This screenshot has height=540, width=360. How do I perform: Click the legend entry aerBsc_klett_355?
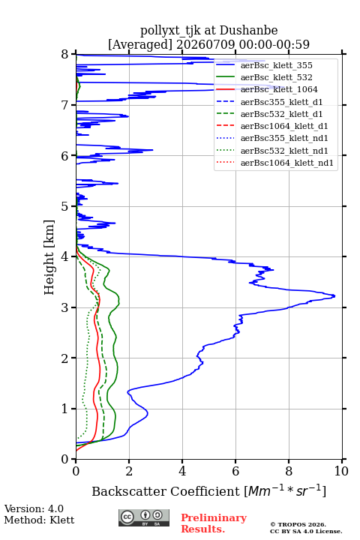pos(276,65)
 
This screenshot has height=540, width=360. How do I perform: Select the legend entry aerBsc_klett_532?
pos(276,77)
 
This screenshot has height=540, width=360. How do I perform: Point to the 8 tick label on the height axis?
pos(65,55)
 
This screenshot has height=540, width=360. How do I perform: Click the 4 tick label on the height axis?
pos(65,257)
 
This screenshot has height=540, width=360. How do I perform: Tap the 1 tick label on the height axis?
pos(65,409)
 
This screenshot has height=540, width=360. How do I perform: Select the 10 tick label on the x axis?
pos(341,471)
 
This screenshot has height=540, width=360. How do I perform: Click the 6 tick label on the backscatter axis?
pos(235,471)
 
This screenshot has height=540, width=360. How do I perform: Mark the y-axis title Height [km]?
pos(49,257)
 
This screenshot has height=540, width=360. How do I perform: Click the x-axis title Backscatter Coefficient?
pos(165,491)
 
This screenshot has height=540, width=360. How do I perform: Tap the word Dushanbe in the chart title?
pos(248,31)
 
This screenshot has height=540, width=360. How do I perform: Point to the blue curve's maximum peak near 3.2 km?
pos(334,295)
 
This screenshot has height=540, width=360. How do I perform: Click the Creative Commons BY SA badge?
pos(144,517)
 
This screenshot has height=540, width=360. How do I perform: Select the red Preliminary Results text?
pos(214,523)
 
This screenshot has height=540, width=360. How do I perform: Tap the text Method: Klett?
pos(39,520)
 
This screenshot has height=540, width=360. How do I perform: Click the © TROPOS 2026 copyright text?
pos(298,524)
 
